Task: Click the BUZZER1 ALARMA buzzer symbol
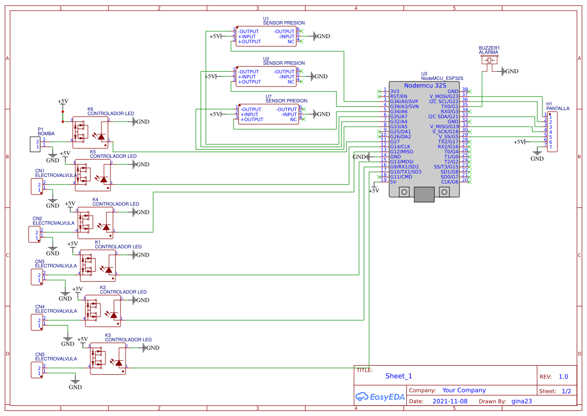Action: coord(489,60)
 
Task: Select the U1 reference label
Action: coord(266,19)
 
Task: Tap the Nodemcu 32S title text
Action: coord(425,85)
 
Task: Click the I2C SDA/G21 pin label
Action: coord(443,116)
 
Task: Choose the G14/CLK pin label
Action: coord(400,146)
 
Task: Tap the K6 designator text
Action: coord(90,109)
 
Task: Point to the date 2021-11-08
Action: coord(449,401)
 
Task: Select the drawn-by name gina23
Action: coord(522,401)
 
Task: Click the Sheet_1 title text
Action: coord(399,376)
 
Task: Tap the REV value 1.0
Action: coord(563,376)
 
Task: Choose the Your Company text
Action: coord(464,390)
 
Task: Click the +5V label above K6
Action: coord(63,101)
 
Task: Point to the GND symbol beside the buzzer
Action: coord(510,71)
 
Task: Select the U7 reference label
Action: coord(269,96)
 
